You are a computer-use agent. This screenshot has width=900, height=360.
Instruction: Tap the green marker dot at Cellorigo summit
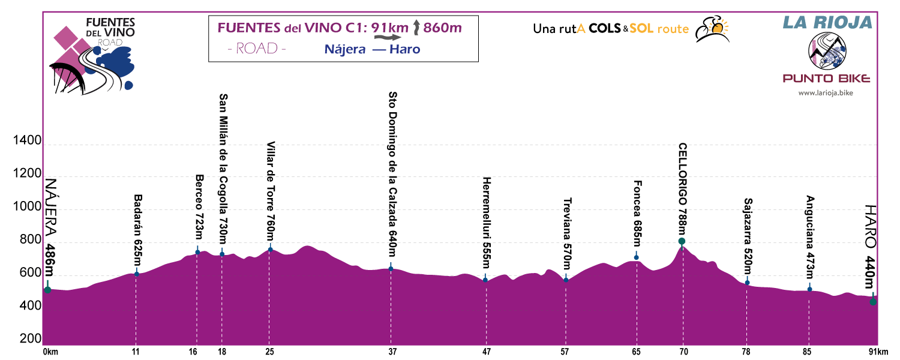(682, 241)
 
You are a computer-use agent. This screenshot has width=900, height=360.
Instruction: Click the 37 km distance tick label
(392, 352)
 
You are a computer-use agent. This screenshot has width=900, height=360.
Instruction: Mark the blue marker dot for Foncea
(637, 257)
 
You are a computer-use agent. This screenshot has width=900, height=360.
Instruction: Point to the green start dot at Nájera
(47, 290)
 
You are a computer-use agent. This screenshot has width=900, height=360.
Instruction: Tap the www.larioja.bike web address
(826, 93)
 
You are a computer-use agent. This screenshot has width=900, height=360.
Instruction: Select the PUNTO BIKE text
(826, 79)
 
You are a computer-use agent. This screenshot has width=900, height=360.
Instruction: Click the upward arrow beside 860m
(418, 28)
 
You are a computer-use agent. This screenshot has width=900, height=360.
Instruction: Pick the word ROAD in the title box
(257, 49)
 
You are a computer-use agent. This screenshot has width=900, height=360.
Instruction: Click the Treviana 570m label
(566, 233)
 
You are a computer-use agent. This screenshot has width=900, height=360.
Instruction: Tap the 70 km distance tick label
(682, 352)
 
